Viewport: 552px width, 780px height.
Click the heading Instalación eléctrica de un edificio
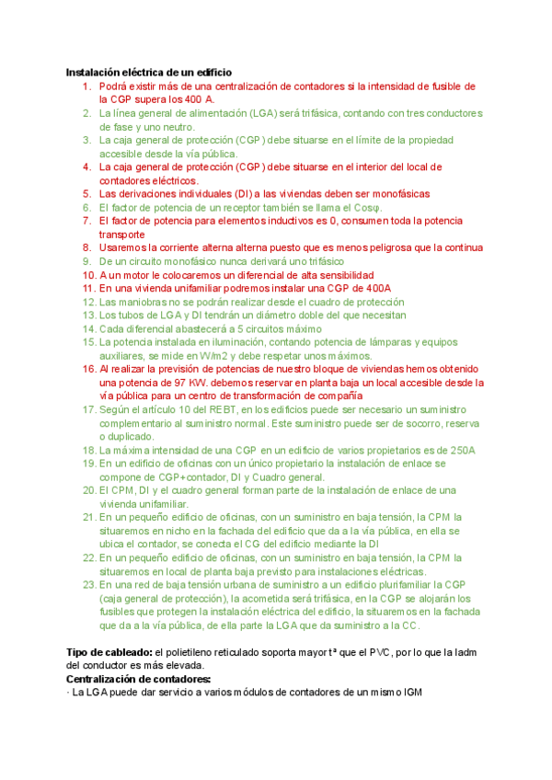tap(148, 72)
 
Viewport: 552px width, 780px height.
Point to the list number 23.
tap(87, 584)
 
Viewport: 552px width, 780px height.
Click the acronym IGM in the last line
tap(408, 693)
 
